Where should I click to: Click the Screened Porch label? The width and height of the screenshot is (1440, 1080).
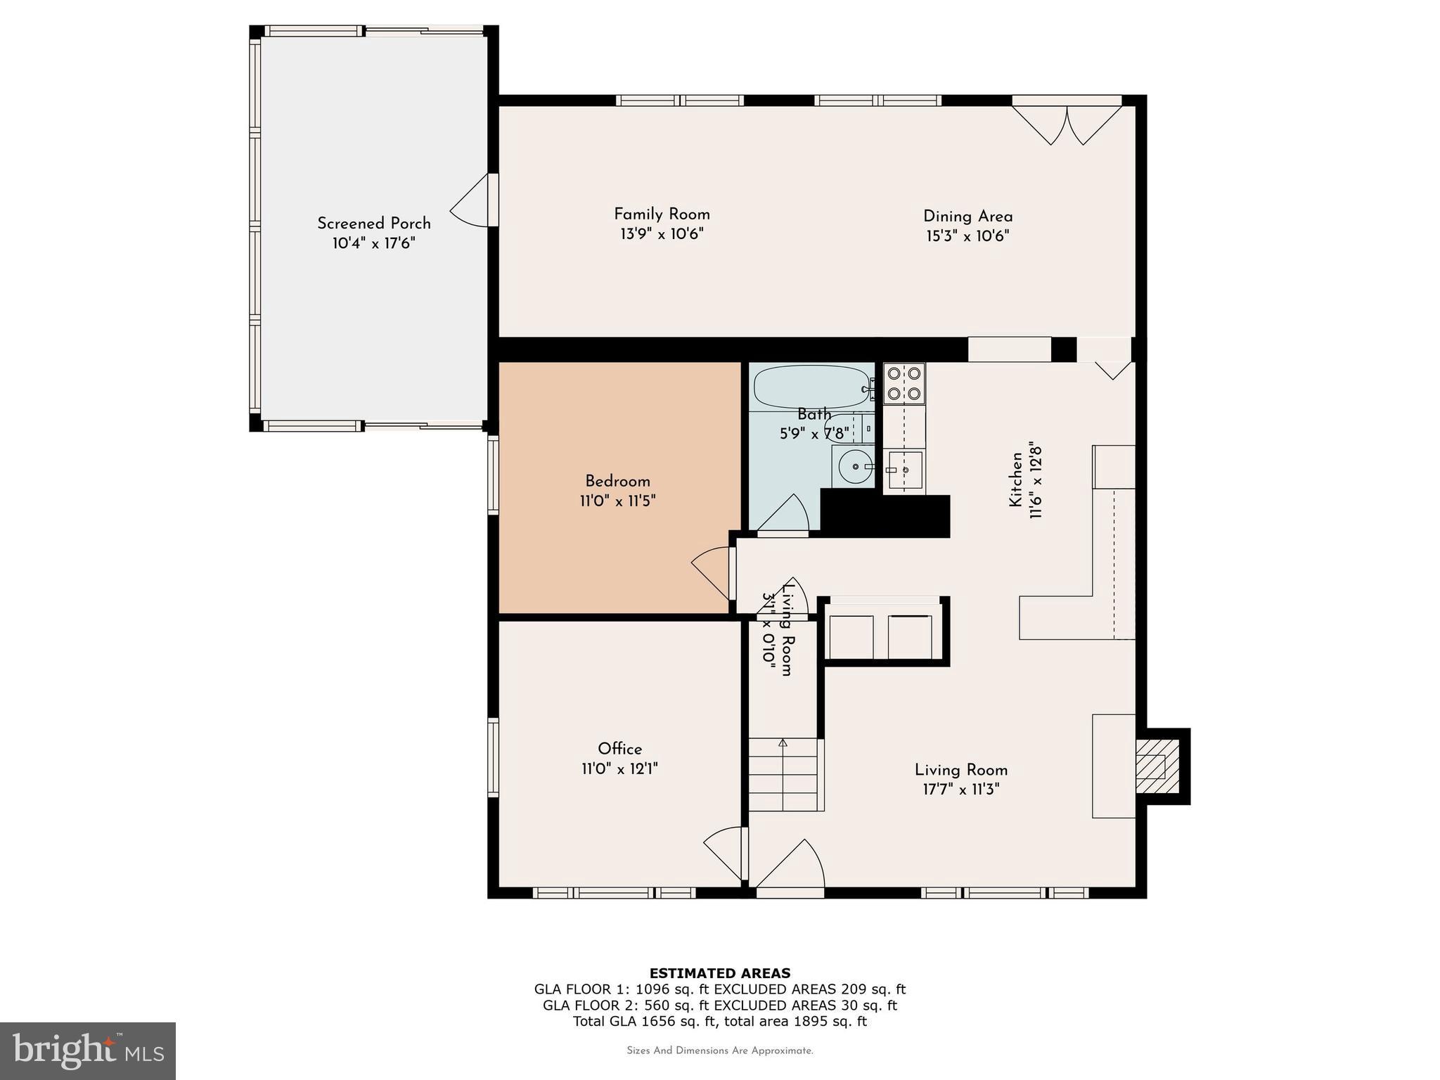[x=373, y=224]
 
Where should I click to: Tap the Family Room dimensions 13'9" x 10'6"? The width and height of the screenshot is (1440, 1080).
[x=662, y=234]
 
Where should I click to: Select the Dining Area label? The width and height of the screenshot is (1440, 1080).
[x=967, y=217]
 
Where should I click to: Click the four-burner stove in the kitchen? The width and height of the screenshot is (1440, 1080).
[x=904, y=383]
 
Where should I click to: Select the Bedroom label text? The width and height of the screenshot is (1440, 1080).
[x=617, y=482]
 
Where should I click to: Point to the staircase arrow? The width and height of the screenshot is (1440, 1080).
[x=783, y=743]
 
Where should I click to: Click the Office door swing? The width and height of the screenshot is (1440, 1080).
[x=725, y=852]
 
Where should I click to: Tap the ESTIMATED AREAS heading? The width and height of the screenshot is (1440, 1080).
[x=719, y=973]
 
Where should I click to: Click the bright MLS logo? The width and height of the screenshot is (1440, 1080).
[x=87, y=1050]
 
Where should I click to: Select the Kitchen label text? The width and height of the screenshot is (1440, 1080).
[x=1015, y=480]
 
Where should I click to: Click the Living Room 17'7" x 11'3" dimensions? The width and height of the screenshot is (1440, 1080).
[x=960, y=790]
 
